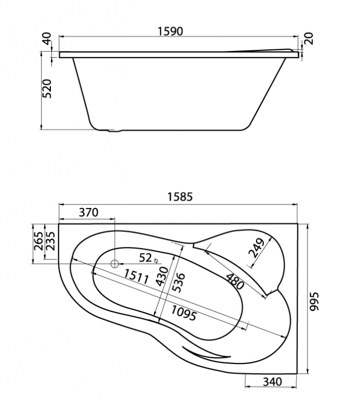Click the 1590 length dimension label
coord(170,31)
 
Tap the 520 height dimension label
coord(47,88)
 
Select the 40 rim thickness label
coord(47,38)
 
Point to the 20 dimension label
coord(310,38)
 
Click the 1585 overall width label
coord(180,197)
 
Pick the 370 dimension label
coord(89,212)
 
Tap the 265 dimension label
coord(39,241)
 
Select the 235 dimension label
coord(50,241)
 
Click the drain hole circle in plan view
coord(115,264)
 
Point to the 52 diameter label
coord(146,257)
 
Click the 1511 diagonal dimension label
coord(136,277)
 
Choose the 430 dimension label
coord(162,277)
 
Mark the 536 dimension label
coord(179,282)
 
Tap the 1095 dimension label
coord(183,314)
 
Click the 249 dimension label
coord(257,248)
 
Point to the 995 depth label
coord(315,302)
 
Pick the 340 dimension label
coord(272,382)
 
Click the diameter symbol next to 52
coord(156,261)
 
